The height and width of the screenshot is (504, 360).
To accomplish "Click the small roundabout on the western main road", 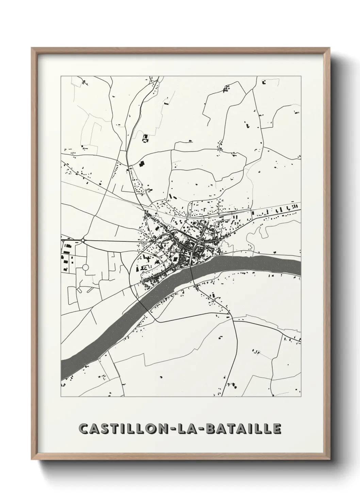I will [83, 240].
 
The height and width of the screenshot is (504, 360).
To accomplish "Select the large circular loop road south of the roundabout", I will [85, 267].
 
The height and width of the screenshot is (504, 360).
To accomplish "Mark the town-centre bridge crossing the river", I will [191, 269].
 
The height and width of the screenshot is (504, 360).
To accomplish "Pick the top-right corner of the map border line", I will [301, 76].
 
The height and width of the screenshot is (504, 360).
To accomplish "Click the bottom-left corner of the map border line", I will [61, 397].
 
